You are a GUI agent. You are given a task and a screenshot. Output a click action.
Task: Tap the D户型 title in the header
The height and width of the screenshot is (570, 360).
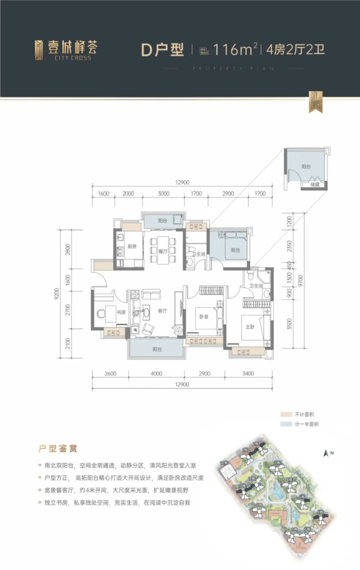coord(162,50)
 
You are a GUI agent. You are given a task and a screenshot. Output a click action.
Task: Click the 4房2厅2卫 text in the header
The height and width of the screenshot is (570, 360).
coord(295,49)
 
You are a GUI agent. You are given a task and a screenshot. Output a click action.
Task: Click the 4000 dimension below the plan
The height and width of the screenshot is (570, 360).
coord(156,374)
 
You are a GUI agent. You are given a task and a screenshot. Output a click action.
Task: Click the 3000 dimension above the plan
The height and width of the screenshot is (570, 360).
coord(163,194)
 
